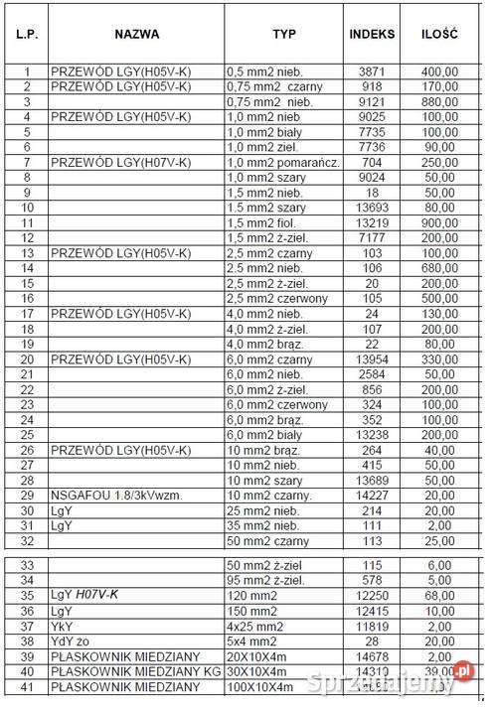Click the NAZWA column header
pos(137,34)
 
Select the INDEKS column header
pos(372,34)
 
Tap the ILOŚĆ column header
pos(438,34)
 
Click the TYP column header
pos(284,34)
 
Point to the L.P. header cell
pos(27,34)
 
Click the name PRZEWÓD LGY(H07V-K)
pos(119,162)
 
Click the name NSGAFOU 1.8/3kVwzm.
pos(108,496)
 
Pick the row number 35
pos(27,594)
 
